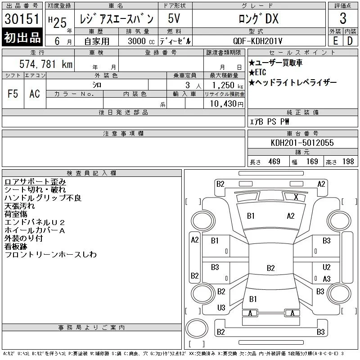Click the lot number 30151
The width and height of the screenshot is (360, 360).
(x=22, y=19)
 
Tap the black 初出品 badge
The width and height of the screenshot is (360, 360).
(x=22, y=37)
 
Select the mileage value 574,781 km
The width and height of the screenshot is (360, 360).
(x=46, y=64)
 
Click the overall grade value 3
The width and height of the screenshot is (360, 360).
(x=343, y=18)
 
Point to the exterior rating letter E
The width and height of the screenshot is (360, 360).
(x=335, y=41)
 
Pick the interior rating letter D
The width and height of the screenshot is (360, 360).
(x=350, y=41)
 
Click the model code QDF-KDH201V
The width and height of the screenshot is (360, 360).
(x=257, y=41)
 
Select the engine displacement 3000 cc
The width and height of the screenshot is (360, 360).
(x=141, y=41)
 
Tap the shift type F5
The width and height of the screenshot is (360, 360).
(x=13, y=94)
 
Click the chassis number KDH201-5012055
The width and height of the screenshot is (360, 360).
(x=302, y=143)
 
